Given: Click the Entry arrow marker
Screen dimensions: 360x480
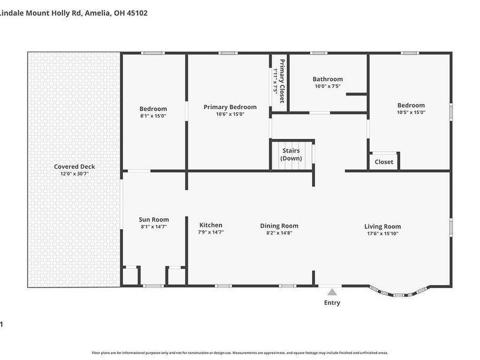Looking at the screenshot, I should (332, 292).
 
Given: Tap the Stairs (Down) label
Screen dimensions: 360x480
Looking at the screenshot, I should (291, 155).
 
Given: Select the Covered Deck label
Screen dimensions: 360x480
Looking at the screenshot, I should (74, 167).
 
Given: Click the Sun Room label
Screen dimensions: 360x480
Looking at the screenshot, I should (154, 220).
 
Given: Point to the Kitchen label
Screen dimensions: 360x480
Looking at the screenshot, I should (211, 225).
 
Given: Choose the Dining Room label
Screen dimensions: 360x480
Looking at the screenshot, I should (279, 226).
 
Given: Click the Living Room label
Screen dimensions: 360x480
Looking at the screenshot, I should (382, 226).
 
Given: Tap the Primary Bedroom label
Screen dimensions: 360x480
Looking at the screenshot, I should (230, 107).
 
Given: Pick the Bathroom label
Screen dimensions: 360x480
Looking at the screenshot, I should (328, 79).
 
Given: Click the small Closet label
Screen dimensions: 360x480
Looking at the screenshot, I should (384, 162).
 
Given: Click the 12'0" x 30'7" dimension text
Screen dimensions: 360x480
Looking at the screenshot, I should (74, 174).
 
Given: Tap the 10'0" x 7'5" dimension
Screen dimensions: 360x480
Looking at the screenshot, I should (328, 86).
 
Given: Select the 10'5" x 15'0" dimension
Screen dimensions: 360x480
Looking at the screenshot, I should (410, 112).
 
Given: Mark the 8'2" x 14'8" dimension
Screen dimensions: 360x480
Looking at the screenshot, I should (279, 233).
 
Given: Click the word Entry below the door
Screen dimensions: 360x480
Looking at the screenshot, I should (332, 303).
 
